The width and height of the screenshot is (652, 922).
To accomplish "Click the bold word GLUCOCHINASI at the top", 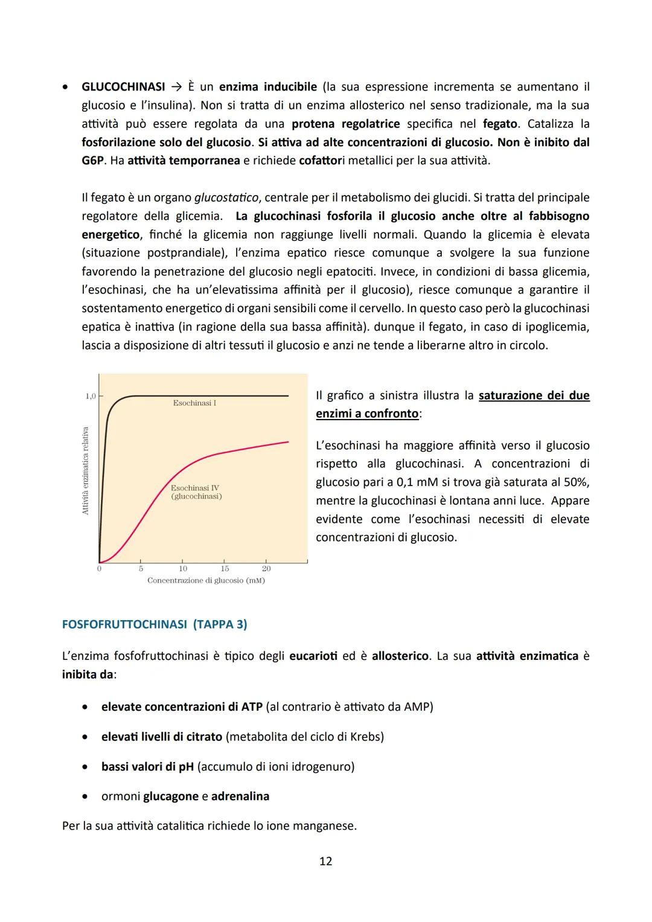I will (123, 87).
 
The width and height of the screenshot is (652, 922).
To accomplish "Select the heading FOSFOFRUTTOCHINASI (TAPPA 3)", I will (155, 624).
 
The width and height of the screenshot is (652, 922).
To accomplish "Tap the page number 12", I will (325, 861).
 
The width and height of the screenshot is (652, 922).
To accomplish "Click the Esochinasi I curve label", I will (194, 403).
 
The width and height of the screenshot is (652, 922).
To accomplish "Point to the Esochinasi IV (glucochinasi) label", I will (196, 492).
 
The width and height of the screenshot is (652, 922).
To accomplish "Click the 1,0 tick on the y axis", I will (90, 396).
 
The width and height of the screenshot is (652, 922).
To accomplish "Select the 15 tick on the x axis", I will (225, 568).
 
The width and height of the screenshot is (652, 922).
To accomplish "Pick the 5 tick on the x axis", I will (141, 568).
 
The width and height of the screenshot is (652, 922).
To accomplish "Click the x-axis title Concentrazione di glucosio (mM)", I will (206, 580).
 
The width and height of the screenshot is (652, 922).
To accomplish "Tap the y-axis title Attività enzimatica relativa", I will (85, 470).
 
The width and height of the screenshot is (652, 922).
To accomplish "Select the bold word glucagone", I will (171, 796).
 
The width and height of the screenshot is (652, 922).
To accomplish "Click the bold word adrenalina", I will (240, 796).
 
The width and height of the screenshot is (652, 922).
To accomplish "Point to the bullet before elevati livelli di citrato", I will (88, 737).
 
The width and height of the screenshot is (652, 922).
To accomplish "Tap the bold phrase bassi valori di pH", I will (147, 767).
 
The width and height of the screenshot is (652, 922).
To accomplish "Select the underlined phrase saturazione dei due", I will (534, 395).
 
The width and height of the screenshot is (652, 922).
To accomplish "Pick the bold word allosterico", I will (400, 656).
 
